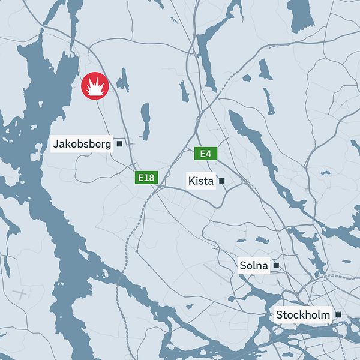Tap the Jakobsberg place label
[82, 144]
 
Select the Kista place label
[201, 181]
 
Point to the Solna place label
[254, 265]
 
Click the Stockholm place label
[303, 315]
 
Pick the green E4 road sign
[206, 154]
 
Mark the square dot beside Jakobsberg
[119, 144]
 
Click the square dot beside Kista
[221, 181]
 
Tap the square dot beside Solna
[276, 265]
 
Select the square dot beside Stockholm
[338, 315]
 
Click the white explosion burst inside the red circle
[94, 88]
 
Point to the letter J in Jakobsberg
[56, 144]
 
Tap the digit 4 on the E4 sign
[209, 154]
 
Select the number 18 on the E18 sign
[149, 178]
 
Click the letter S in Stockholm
[279, 315]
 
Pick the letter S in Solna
[243, 265]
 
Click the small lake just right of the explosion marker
[124, 80]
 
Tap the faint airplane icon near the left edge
[22, 294]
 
